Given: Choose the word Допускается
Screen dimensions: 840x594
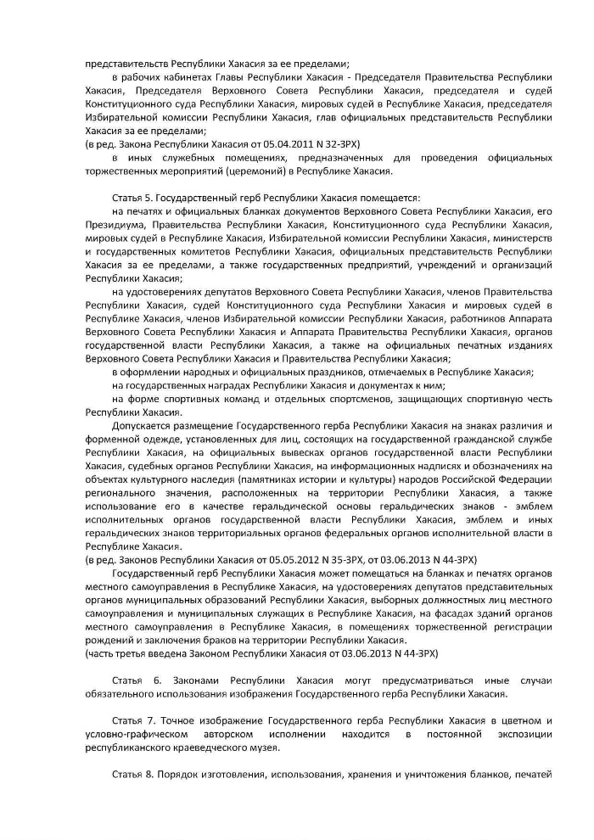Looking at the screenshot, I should [x=142, y=424].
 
